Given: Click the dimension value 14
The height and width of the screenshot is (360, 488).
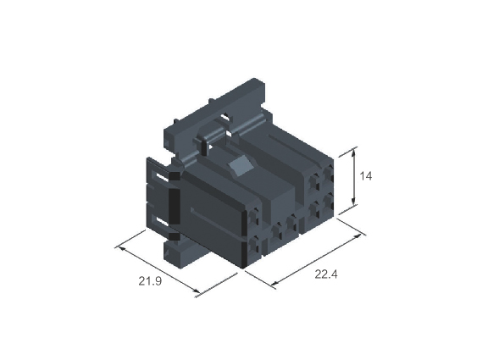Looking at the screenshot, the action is click(x=366, y=176).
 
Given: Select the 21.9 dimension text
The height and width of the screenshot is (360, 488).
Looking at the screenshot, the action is click(x=150, y=281).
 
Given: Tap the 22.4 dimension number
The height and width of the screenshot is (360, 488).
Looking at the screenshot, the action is click(x=326, y=274).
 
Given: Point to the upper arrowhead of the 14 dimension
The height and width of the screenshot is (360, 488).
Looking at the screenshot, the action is click(x=353, y=152).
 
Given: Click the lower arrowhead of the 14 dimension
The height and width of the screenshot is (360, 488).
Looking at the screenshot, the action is click(x=353, y=202).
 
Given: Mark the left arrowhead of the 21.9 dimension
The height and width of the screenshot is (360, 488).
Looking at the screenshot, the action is click(x=121, y=249).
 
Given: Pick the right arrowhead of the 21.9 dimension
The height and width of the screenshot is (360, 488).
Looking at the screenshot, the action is click(x=197, y=291).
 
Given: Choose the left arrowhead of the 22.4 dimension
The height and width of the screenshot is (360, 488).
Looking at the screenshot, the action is click(x=274, y=283).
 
